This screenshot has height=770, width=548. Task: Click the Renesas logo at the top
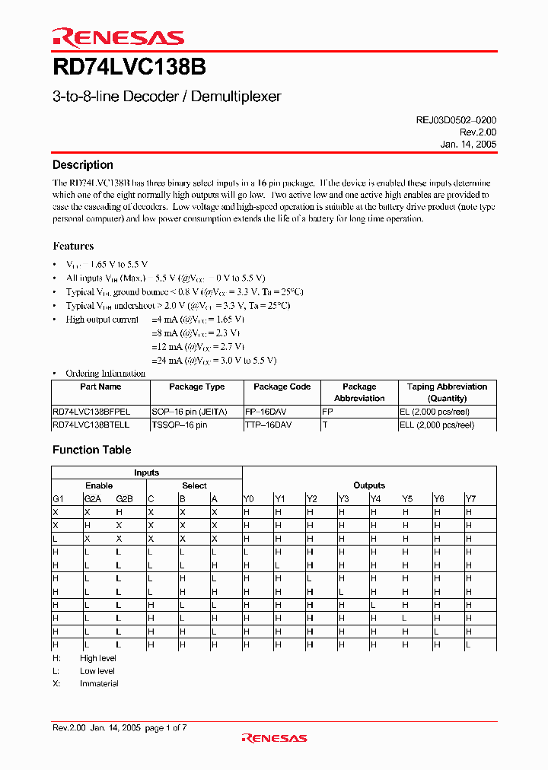[118, 37]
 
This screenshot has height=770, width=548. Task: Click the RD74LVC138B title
[129, 68]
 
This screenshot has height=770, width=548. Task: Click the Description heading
[83, 165]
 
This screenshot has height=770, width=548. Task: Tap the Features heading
[73, 246]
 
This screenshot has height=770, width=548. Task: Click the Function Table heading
[91, 450]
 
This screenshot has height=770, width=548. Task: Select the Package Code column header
[282, 387]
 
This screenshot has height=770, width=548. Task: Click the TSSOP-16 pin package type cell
[179, 425]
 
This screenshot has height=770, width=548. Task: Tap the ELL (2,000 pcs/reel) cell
[436, 425]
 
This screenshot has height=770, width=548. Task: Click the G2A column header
[92, 498]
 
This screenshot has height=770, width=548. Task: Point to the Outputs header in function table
[369, 485]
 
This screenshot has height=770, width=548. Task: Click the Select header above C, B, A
[194, 485]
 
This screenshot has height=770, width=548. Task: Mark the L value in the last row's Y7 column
[468, 644]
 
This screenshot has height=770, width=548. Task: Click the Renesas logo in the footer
[274, 737]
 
